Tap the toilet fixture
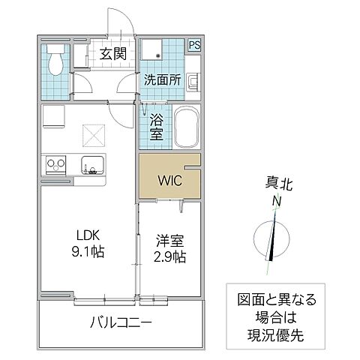tap(55, 63)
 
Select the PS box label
tap(194, 44)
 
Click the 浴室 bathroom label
tap(157, 125)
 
